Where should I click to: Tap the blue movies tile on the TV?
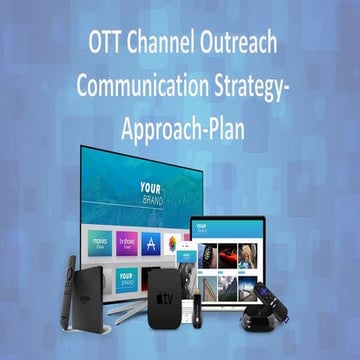[x=100, y=242]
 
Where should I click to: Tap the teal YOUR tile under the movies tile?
[x=126, y=279]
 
